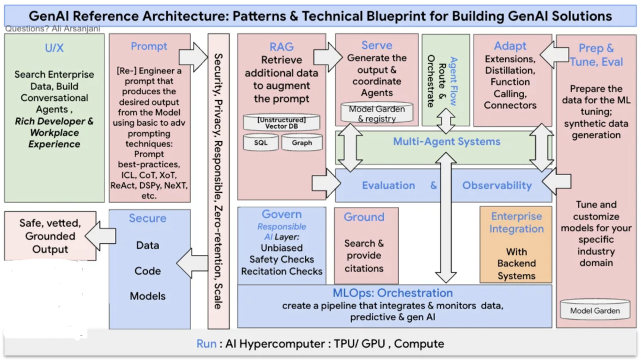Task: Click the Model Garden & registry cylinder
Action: (377, 113)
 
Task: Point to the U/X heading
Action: (54, 48)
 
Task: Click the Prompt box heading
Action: (149, 46)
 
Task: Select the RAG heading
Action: (281, 47)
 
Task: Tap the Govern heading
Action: (281, 214)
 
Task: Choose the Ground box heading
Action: (364, 217)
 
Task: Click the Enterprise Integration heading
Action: (516, 222)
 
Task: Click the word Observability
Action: (497, 186)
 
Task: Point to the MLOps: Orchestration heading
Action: (393, 293)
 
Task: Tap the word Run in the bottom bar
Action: (207, 344)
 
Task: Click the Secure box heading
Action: (148, 218)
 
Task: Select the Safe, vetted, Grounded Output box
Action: (50, 236)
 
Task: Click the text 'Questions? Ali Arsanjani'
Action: (52, 29)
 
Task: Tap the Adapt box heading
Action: (510, 46)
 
